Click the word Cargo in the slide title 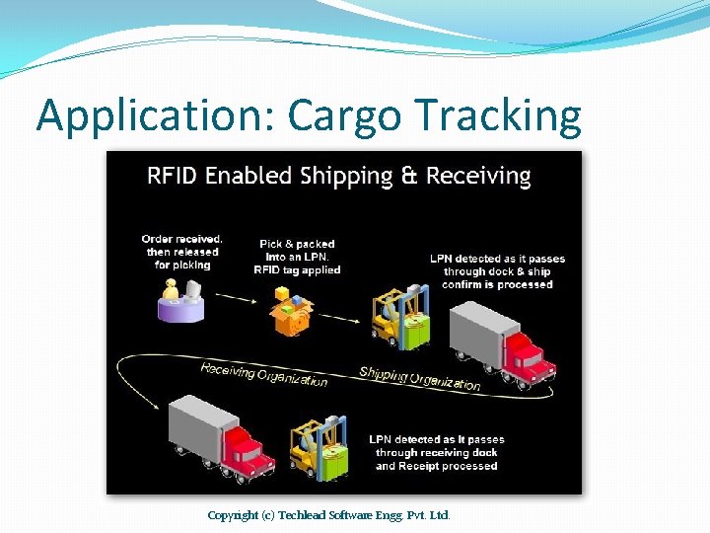[x=345, y=116]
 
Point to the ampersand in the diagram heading [x=409, y=177]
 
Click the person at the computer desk [x=178, y=299]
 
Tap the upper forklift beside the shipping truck [x=400, y=317]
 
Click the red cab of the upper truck [x=528, y=356]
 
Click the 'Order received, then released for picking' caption [x=183, y=252]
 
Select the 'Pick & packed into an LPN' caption [x=297, y=257]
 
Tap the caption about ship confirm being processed [x=497, y=271]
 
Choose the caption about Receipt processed [x=436, y=453]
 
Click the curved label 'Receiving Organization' [x=263, y=375]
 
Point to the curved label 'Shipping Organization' [x=419, y=378]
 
